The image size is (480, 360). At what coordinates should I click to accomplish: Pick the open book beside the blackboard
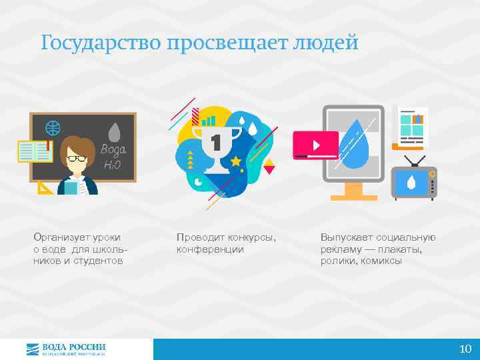click(x=35, y=151)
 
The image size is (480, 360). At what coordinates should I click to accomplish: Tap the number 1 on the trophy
click(x=215, y=142)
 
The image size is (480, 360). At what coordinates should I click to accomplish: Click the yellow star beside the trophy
click(x=235, y=161)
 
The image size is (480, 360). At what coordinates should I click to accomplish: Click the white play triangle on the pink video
click(x=315, y=144)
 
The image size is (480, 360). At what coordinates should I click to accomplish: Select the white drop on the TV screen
click(x=411, y=182)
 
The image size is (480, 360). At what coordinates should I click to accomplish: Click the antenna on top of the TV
click(x=414, y=160)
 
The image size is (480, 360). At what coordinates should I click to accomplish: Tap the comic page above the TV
click(x=411, y=125)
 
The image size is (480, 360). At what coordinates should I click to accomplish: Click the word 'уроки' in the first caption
click(x=115, y=237)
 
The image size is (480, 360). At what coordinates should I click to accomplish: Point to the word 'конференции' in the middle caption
click(x=210, y=249)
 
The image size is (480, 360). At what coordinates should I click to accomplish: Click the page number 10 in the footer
click(x=465, y=349)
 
